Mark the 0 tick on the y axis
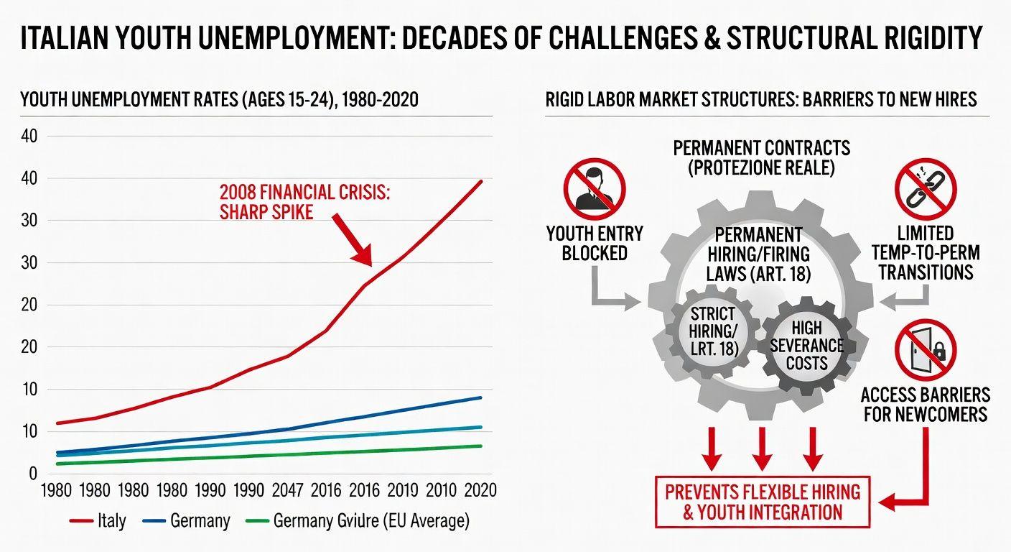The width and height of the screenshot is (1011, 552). [32, 473]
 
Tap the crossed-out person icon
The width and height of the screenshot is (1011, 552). [594, 189]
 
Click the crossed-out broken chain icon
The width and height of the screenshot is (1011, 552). [925, 189]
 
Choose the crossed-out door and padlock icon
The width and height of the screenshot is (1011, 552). [925, 350]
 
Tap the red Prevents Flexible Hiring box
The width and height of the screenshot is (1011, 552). [762, 502]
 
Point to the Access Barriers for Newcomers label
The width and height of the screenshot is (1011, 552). [925, 404]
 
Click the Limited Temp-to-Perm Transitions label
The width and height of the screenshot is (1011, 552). [925, 252]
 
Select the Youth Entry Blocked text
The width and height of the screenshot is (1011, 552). [594, 243]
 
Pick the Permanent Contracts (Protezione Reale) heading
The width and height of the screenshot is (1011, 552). [761, 157]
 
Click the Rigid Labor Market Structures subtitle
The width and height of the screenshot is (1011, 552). [761, 99]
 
